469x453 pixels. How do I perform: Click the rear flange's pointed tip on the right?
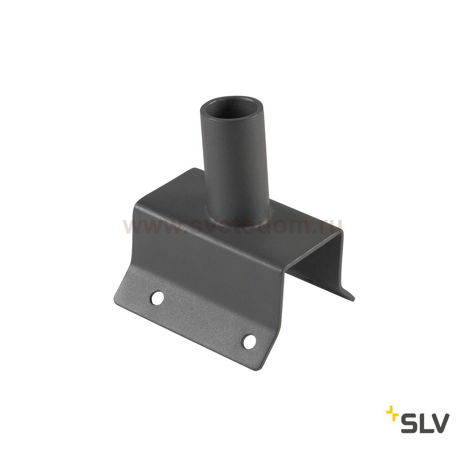pos(352,299)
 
